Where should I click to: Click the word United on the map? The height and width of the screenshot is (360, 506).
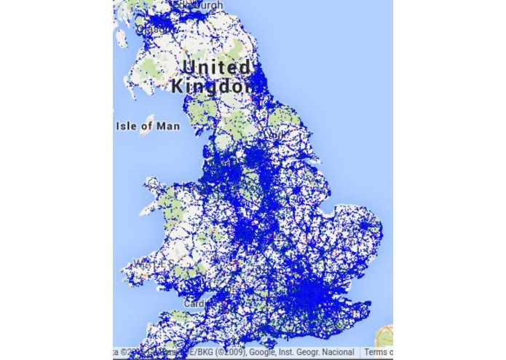pos(216,68)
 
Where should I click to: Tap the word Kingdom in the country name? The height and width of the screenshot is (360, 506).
pos(211,86)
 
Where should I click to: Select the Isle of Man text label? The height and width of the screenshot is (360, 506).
pos(148,126)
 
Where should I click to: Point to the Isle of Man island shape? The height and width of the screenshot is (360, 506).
pos(151,120)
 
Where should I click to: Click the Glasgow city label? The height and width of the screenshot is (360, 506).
pos(155,29)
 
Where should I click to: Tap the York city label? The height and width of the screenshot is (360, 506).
pos(277,134)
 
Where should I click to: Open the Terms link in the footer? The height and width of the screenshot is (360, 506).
pos(378,353)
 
